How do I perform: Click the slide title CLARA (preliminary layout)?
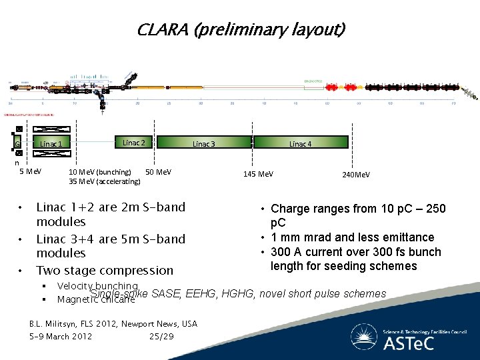coord(241,30)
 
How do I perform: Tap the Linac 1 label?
coord(51,144)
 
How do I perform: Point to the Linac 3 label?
coord(203,144)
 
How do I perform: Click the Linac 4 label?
coord(299,144)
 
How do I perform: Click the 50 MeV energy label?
coord(158,172)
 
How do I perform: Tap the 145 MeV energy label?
coord(258,174)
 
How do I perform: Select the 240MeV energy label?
coord(355,174)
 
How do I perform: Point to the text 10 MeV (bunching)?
coord(100,172)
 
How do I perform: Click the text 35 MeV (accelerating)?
coord(105,181)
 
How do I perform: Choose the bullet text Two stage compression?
coord(105,270)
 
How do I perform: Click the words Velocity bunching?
coord(97,286)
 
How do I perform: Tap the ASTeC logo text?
coord(408,343)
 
